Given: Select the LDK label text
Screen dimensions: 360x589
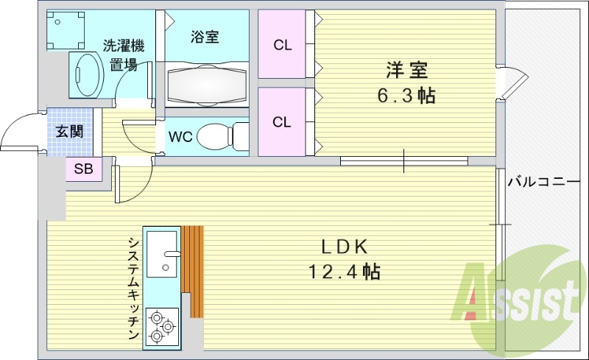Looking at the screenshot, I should coord(343,247).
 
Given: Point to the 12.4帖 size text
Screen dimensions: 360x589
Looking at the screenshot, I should coord(343,272).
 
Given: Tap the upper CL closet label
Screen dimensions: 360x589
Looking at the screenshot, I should coord(282,45).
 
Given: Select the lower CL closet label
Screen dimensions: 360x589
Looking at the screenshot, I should coord(282,122).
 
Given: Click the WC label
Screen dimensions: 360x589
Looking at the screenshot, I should coord(180,137).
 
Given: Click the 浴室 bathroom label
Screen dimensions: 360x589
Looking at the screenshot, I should coord(204,37).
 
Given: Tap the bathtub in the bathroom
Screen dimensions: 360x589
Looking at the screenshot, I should coord(207,85).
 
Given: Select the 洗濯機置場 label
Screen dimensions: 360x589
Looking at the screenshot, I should coord(123,55).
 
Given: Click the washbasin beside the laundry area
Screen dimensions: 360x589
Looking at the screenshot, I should coord(88,73).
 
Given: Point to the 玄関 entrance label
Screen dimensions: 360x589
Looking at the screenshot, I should coord(69,132).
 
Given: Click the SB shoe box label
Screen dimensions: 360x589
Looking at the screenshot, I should coord(83,169).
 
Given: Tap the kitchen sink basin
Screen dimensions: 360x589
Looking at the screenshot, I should coord(163,255).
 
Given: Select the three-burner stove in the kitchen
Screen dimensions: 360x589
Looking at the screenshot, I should coord(162,325).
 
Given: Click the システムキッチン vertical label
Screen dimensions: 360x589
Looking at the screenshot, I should coord(133,287).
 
